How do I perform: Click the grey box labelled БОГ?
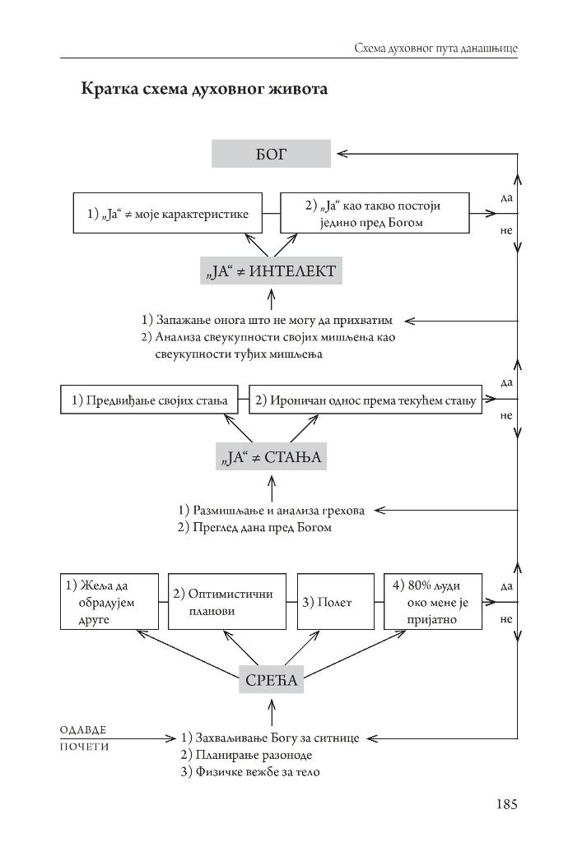(x=271, y=154)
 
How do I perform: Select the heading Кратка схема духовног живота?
(x=204, y=89)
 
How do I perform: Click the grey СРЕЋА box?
(x=271, y=680)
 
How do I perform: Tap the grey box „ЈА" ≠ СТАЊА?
(x=271, y=457)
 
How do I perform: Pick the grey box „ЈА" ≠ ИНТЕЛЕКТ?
(x=271, y=271)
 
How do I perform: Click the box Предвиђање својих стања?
(x=149, y=400)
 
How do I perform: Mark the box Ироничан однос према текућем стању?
(x=365, y=400)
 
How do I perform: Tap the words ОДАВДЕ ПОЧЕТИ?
(x=85, y=738)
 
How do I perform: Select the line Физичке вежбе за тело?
(x=249, y=772)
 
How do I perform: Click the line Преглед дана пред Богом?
(x=254, y=527)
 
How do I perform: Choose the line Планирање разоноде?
(x=245, y=755)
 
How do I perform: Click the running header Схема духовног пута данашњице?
(x=435, y=49)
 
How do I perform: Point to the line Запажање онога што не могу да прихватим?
(x=267, y=320)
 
